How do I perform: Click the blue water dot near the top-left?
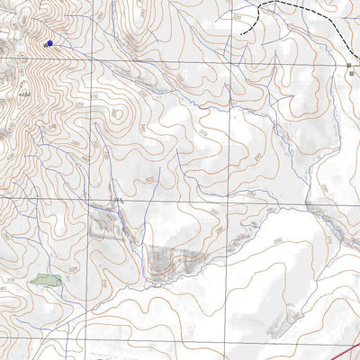coord(49,42)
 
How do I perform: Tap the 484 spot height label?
coord(23,94)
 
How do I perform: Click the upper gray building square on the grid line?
coord(350,66)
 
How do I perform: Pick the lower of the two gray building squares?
coord(352,76)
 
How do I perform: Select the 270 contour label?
coord(328,240)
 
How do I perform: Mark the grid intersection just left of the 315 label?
coord(86,200)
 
